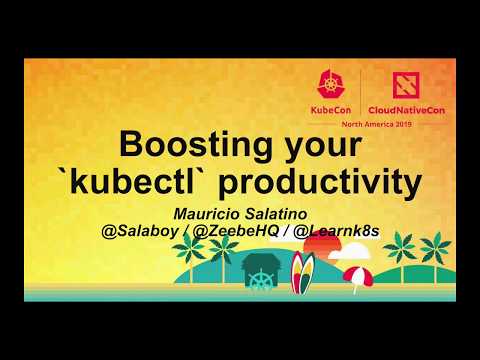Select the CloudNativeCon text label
(406, 106)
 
